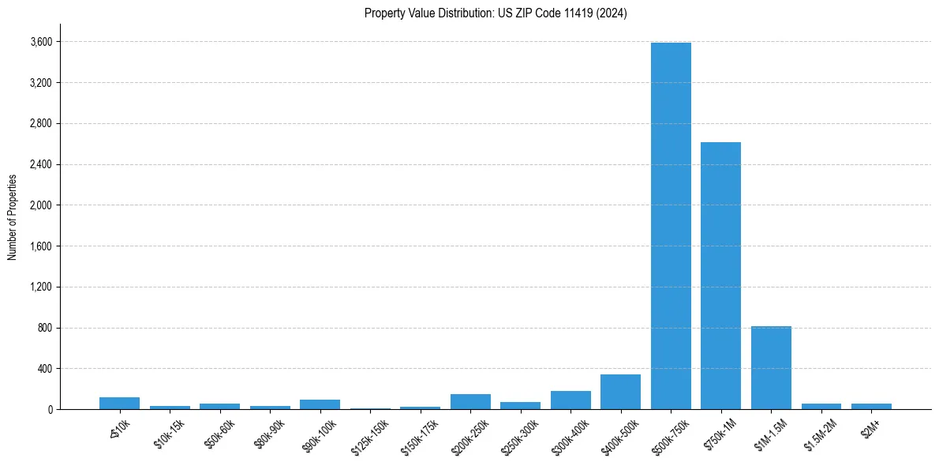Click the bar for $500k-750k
pyautogui.click(x=671, y=226)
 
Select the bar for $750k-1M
pyautogui.click(x=720, y=276)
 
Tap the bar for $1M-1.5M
pyautogui.click(x=771, y=368)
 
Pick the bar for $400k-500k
pyautogui.click(x=620, y=392)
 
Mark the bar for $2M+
pyautogui.click(x=871, y=407)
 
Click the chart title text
pyautogui.click(x=496, y=13)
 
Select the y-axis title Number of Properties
pyautogui.click(x=12, y=217)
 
